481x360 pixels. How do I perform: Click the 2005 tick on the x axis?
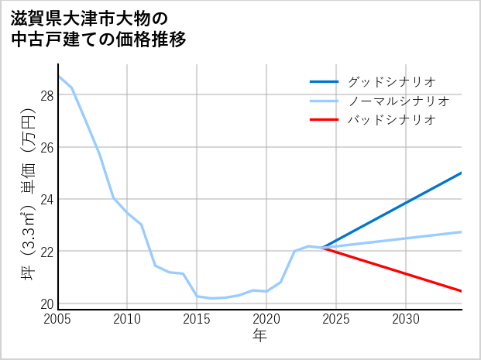tap(58, 319)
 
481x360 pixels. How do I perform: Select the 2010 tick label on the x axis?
tap(128, 319)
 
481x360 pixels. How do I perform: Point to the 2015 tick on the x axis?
tap(197, 319)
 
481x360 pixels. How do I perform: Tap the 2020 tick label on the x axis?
tap(266, 319)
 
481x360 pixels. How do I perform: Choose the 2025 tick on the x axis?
tap(336, 319)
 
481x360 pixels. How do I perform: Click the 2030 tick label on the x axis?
tap(406, 319)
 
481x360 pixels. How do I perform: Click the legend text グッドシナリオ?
tap(392, 81)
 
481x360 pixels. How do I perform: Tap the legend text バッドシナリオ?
tap(392, 120)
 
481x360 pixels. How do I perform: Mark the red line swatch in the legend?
tap(324, 120)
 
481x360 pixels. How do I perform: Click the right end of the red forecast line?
tap(462, 291)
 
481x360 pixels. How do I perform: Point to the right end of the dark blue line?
tap(462, 173)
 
